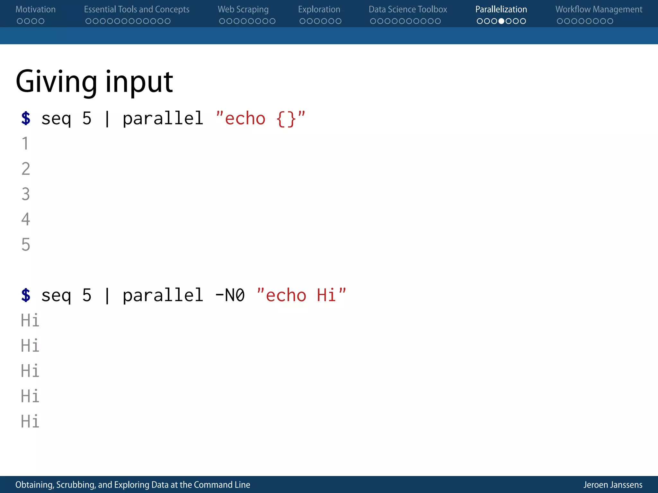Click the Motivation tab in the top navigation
35,9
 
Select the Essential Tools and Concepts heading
137,9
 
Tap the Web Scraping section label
243,9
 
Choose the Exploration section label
319,9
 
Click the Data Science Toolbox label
408,9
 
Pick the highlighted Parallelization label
501,9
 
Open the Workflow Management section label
599,9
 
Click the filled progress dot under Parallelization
501,21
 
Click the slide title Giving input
94,82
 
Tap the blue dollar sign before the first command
26,118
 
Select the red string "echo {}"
260,118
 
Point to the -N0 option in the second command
230,295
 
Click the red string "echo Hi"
301,295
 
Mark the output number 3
26,194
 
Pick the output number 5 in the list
26,245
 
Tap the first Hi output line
30,320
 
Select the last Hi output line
30,421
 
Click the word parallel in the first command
163,118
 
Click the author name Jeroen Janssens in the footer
613,485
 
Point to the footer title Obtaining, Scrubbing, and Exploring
132,485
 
